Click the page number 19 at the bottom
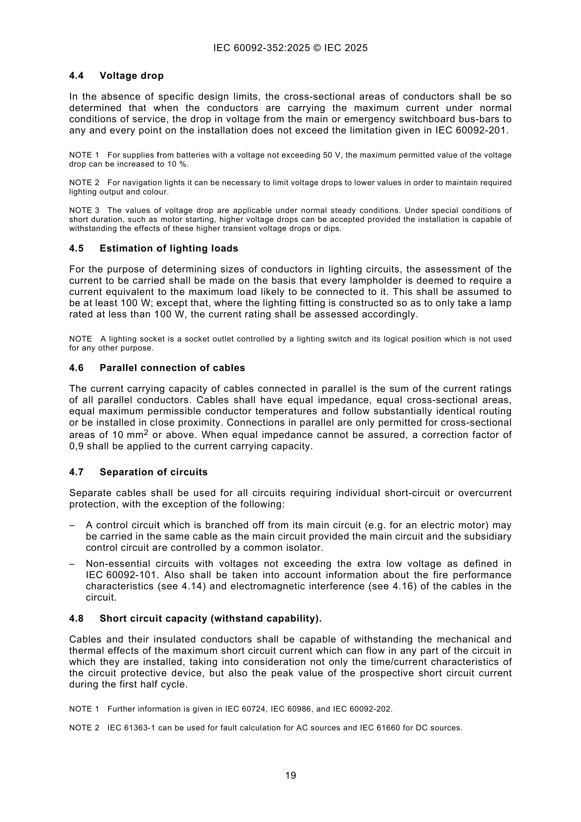[290, 775]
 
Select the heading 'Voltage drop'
[131, 76]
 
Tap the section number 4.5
[76, 249]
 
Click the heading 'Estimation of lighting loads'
[169, 249]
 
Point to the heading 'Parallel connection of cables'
[172, 368]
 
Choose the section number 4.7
[76, 472]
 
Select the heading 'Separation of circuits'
[154, 472]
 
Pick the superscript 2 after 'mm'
[146, 432]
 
